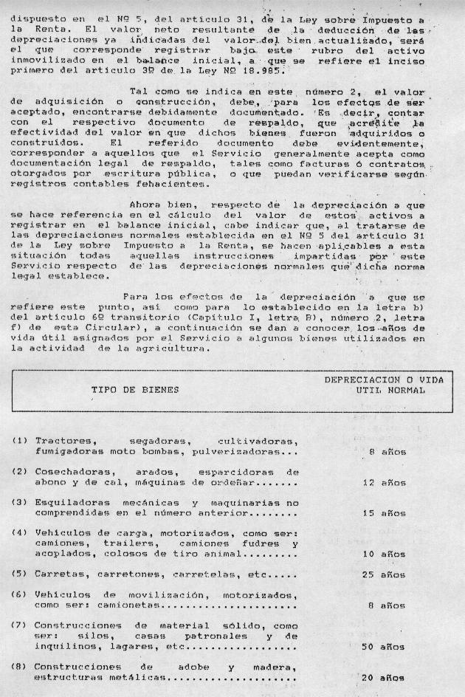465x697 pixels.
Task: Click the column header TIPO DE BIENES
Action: pyautogui.click(x=134, y=389)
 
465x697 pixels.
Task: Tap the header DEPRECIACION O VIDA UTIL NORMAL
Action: pyautogui.click(x=385, y=384)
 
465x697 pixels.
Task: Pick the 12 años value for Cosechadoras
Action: pyautogui.click(x=385, y=483)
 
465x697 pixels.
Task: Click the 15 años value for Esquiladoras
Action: pyautogui.click(x=385, y=512)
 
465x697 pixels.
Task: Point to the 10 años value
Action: pyautogui.click(x=385, y=553)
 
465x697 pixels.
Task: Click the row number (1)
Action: pyautogui.click(x=19, y=440)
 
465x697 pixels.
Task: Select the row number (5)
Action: pyautogui.click(x=19, y=573)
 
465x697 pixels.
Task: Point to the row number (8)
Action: pyautogui.click(x=19, y=666)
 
